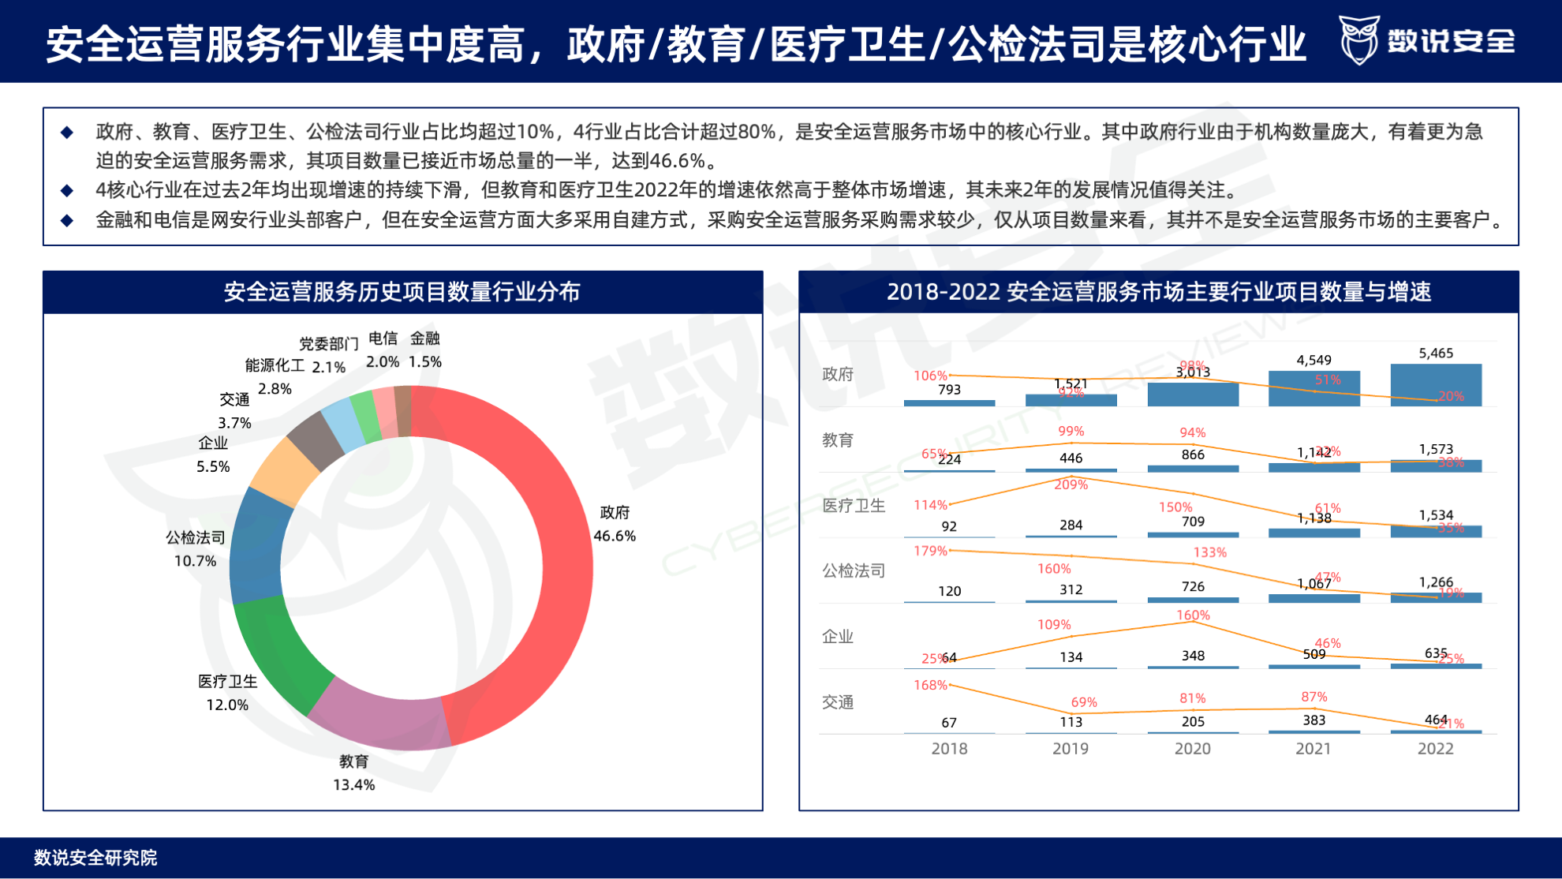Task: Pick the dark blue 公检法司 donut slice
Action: pyautogui.click(x=256, y=544)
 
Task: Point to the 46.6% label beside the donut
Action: pyautogui.click(x=615, y=536)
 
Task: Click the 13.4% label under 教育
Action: pyautogui.click(x=353, y=784)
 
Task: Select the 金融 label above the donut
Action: pyautogui.click(x=424, y=339)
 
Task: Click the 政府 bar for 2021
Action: pyautogui.click(x=1313, y=389)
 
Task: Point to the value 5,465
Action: pyautogui.click(x=1435, y=353)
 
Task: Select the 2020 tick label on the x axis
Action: pyautogui.click(x=1192, y=749)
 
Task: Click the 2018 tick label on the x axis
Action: pyautogui.click(x=949, y=749)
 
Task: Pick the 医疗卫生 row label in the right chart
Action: pyautogui.click(x=854, y=505)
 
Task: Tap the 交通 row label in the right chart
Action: pyautogui.click(x=838, y=701)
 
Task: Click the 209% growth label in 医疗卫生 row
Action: pyautogui.click(x=1071, y=484)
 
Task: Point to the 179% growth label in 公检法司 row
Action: pyautogui.click(x=930, y=551)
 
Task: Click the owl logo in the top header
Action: pyautogui.click(x=1359, y=40)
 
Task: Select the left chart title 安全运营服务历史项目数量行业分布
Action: pyautogui.click(x=402, y=292)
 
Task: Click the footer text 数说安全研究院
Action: pyautogui.click(x=95, y=858)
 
